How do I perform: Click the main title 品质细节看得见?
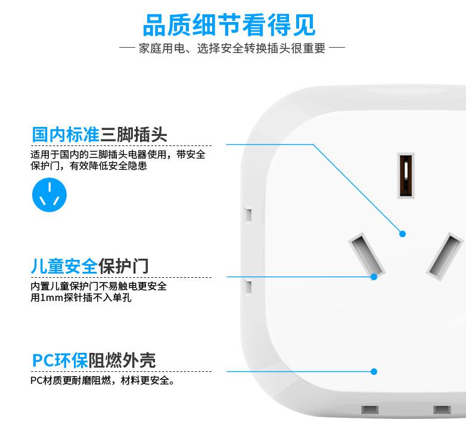pos(229,25)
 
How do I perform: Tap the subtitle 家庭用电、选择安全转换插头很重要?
pos(232,48)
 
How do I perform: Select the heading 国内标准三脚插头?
pos(100,134)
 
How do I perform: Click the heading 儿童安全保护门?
pos(89,266)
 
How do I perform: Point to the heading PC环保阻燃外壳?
pos(94,360)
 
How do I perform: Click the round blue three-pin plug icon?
pos(49,195)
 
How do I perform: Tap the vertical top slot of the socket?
pos(406,175)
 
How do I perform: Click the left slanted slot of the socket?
pos(366,255)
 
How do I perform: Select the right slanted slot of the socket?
pos(445,256)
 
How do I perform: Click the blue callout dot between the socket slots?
pos(402,234)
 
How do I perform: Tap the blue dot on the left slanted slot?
pos(374,277)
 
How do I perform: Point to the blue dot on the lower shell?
pos(374,371)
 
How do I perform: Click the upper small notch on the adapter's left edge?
pos(248,215)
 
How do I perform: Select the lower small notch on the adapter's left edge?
pos(248,287)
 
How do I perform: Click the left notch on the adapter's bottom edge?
pos(369,410)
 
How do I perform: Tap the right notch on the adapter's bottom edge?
pos(442,410)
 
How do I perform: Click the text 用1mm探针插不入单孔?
pos(81,297)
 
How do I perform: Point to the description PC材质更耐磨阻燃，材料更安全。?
pos(102,380)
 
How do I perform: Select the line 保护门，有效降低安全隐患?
pos(89,166)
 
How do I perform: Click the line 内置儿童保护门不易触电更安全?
pos(99,286)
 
